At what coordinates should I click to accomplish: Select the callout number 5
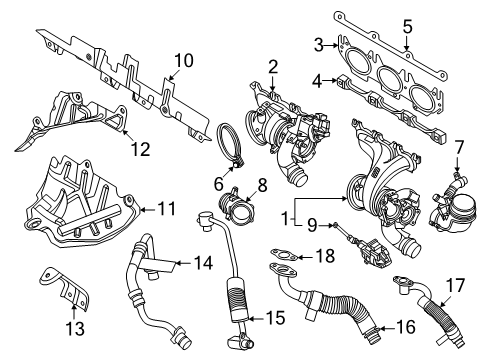coord(406,27)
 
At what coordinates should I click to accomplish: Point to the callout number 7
coord(459,149)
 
